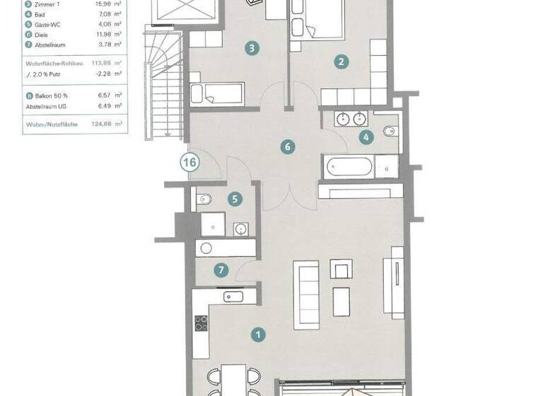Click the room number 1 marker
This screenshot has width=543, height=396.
(x=259, y=334)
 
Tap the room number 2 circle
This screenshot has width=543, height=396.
(x=341, y=62)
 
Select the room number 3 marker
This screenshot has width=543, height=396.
(x=251, y=49)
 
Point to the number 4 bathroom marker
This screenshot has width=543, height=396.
(x=366, y=137)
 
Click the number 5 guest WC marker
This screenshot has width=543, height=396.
(x=235, y=199)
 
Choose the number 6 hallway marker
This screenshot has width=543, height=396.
(x=287, y=147)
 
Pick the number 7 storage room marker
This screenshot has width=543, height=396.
(x=222, y=269)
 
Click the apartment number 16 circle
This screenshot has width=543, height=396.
(x=189, y=162)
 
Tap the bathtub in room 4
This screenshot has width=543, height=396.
(x=347, y=168)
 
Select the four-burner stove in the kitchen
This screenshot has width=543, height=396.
(x=202, y=323)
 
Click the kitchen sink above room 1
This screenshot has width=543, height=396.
(x=234, y=297)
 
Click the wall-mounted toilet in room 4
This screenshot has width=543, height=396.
(x=390, y=132)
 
